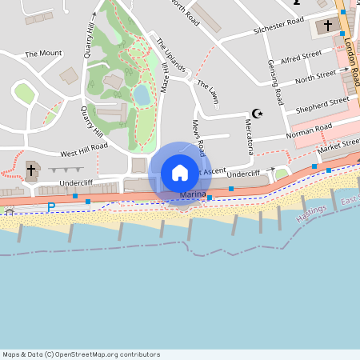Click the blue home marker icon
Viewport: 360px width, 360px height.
point(180,173)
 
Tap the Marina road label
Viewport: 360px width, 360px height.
point(193,194)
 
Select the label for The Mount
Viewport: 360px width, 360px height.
point(43,54)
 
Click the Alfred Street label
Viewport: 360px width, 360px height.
point(301,56)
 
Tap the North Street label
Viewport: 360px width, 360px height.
point(315,76)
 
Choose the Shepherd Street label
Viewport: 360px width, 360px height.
point(322,102)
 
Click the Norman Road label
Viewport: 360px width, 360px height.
point(311,128)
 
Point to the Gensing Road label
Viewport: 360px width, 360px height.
point(276,82)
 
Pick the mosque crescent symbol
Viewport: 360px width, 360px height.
point(257,114)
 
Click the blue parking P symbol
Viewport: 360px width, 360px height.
point(50,207)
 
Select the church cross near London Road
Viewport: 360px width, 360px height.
point(328,26)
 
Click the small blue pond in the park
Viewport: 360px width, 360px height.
point(142,96)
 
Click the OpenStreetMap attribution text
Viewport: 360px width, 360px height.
point(82,354)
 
